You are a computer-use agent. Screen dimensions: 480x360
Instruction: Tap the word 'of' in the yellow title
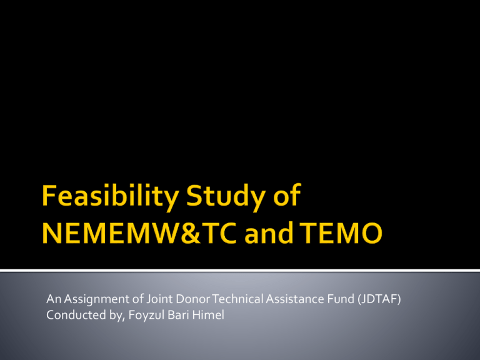[287, 194]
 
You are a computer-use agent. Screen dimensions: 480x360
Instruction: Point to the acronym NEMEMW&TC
[139, 232]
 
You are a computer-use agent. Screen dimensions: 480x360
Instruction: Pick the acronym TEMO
[341, 232]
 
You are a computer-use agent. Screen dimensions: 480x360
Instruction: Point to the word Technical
[238, 299]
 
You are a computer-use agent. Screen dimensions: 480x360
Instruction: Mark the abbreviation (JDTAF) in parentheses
[379, 299]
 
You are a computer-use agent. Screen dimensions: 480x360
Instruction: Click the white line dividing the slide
[240, 270]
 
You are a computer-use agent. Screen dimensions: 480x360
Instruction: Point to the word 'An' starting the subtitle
[54, 299]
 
